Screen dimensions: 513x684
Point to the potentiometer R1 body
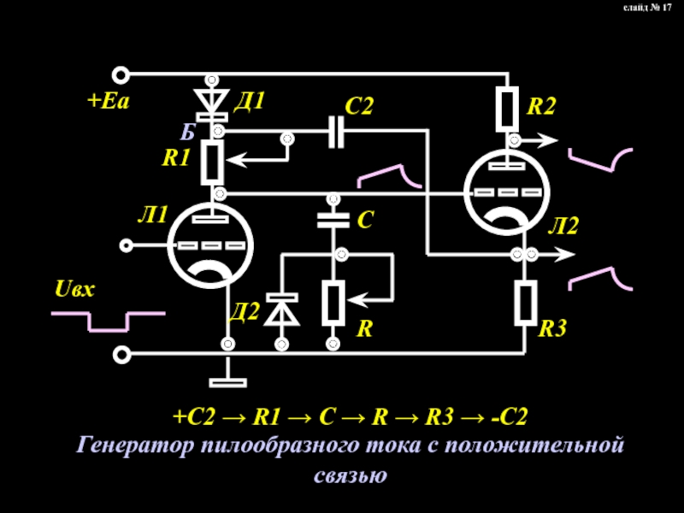[211, 162]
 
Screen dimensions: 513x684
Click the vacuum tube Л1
[210, 246]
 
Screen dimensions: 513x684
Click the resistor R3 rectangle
[525, 303]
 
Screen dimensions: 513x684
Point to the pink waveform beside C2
[389, 176]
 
